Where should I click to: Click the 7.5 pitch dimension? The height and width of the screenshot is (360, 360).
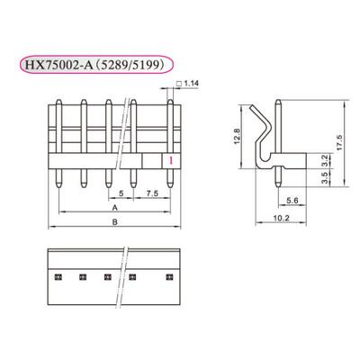[x=153, y=193]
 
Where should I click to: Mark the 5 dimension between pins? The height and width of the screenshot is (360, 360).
[x=121, y=193]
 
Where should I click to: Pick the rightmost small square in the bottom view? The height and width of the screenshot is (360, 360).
[x=165, y=275]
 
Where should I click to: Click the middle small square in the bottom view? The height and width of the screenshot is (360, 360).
[x=107, y=275]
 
